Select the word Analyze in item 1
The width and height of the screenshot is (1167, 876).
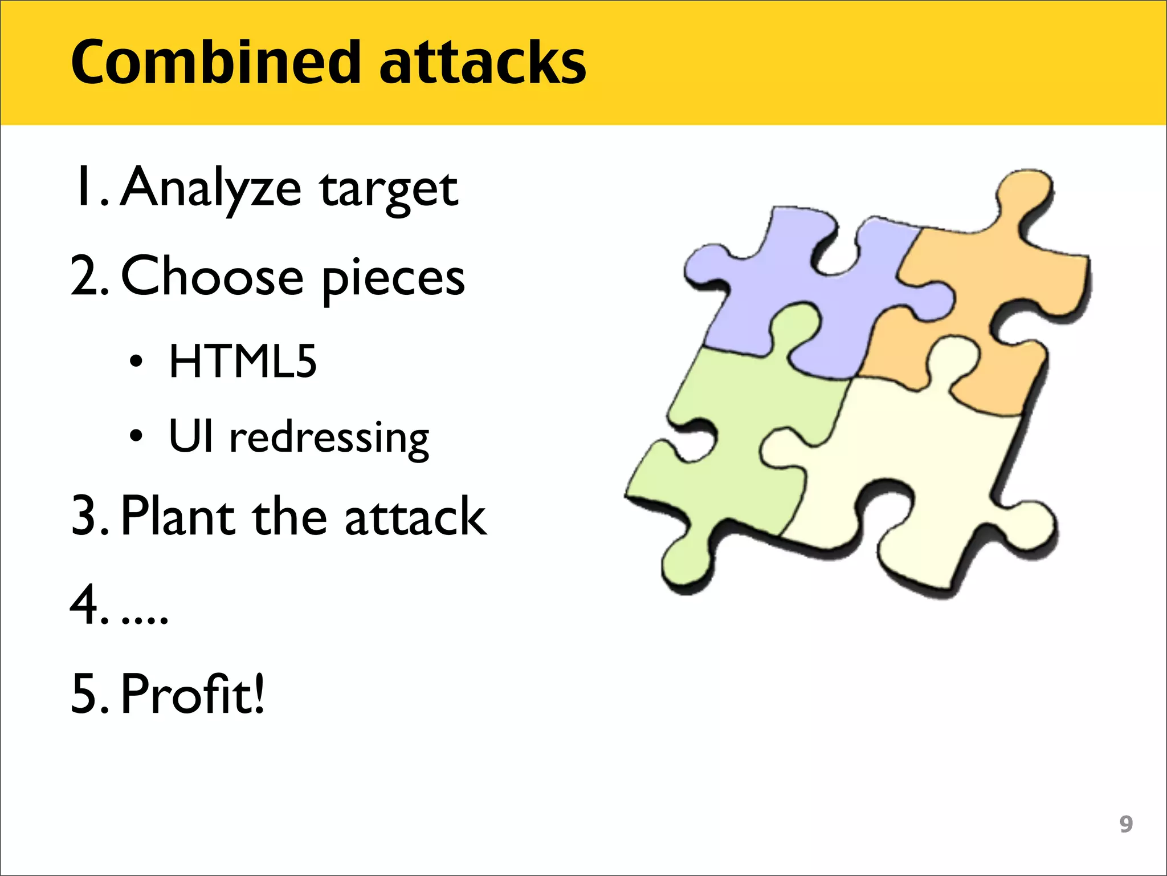click(211, 188)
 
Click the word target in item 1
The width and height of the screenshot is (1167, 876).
click(389, 191)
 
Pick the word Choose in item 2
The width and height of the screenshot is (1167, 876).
click(213, 277)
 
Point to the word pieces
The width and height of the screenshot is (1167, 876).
click(393, 279)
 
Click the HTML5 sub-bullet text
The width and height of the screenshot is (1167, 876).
click(242, 362)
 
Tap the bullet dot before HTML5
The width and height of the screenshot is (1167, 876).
click(136, 362)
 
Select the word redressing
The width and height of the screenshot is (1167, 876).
click(329, 438)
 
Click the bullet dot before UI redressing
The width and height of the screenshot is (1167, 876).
click(136, 436)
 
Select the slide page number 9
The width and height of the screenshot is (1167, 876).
click(1126, 824)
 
